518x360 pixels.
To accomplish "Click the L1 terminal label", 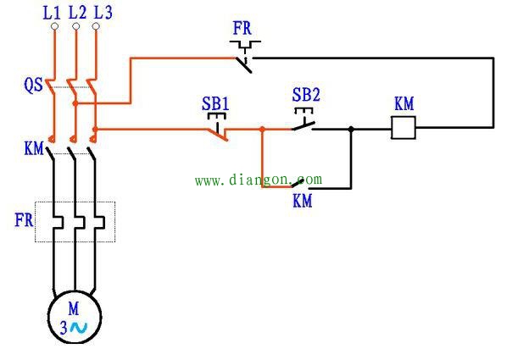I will [53, 12].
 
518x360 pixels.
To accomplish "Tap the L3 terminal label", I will [103, 12].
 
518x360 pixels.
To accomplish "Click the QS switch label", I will [32, 85].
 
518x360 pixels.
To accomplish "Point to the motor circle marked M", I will [75, 317].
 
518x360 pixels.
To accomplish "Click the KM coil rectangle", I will [404, 129].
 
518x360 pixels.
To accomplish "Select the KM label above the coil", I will [404, 103].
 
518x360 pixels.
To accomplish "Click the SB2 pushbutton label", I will [306, 93].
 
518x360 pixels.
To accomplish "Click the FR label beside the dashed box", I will [24, 220].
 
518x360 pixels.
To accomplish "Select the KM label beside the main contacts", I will [34, 150].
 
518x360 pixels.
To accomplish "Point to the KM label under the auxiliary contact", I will [303, 202].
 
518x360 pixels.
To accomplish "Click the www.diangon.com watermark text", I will [259, 180].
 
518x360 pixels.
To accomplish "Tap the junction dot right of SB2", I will [351, 130].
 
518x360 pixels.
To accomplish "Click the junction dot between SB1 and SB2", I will [263, 130].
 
